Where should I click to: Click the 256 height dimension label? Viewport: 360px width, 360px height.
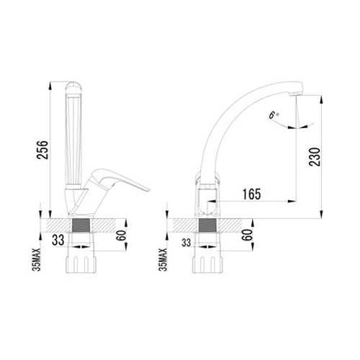[42, 150]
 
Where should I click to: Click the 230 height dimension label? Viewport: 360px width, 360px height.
[315, 157]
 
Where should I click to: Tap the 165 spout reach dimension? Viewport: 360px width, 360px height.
[251, 194]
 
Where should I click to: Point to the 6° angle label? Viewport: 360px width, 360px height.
[273, 115]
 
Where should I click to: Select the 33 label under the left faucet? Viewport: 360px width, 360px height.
[58, 240]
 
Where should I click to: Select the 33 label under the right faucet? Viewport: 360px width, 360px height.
[186, 243]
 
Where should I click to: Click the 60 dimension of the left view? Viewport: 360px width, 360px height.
[121, 235]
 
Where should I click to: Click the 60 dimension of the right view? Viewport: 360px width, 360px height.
[248, 235]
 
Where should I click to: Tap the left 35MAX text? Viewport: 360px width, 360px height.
[37, 260]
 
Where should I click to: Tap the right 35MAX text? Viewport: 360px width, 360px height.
[163, 260]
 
